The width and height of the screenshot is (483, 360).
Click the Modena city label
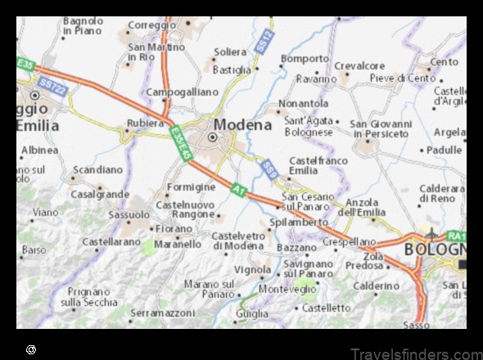[242, 124]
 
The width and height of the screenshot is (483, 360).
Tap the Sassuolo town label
[129, 214]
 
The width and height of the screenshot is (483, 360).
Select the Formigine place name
[191, 187]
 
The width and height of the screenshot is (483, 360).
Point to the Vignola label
[252, 269]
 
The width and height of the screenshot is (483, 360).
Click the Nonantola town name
[303, 104]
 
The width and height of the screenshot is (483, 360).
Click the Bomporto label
[305, 59]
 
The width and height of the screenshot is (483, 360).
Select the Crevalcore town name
[359, 65]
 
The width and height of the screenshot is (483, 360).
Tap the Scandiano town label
[97, 170]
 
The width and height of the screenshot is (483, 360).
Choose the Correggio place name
[152, 25]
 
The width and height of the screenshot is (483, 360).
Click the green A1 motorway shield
[237, 189]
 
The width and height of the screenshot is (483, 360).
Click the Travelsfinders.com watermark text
[416, 353]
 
